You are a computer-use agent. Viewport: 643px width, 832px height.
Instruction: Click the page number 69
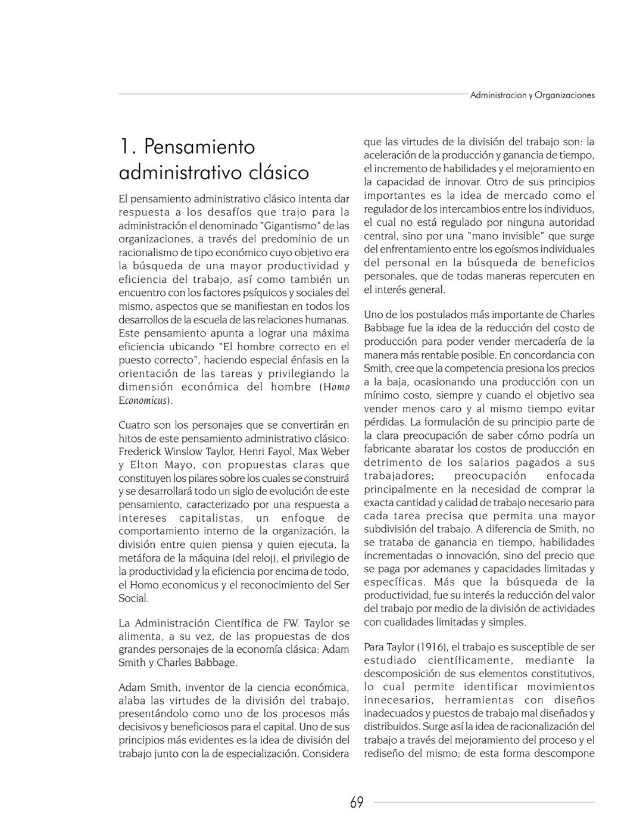pyautogui.click(x=357, y=803)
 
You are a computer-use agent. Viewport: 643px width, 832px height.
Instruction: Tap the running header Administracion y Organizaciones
pyautogui.click(x=532, y=95)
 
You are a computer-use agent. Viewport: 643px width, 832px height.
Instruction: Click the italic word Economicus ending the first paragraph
pyautogui.click(x=143, y=401)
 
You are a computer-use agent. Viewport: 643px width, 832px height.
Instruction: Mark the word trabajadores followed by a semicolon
pyautogui.click(x=398, y=476)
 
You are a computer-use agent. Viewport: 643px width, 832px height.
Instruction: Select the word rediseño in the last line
pyautogui.click(x=385, y=753)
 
